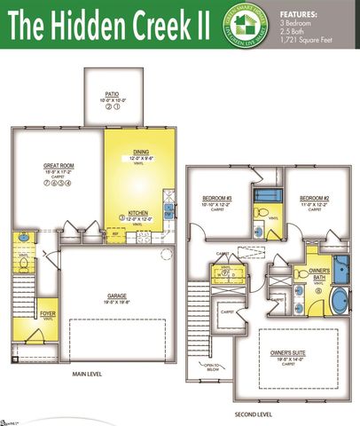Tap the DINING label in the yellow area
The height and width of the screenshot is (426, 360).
coord(141,152)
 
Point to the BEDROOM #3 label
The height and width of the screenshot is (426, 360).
coord(216,197)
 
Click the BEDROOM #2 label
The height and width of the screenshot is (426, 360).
coord(314,197)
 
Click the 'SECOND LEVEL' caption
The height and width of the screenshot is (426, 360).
coord(254,414)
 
